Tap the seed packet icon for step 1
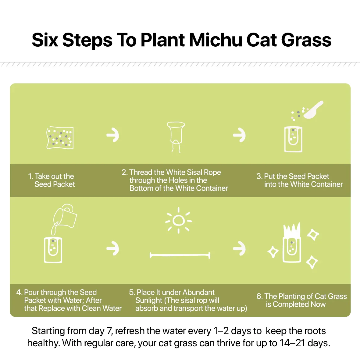[60, 138]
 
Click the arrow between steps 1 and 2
[113, 135]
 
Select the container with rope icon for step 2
[176, 136]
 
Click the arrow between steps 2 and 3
[239, 135]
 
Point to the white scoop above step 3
[313, 110]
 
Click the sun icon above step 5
[179, 220]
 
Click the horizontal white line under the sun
[180, 255]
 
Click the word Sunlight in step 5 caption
[149, 300]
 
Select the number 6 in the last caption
[259, 296]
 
